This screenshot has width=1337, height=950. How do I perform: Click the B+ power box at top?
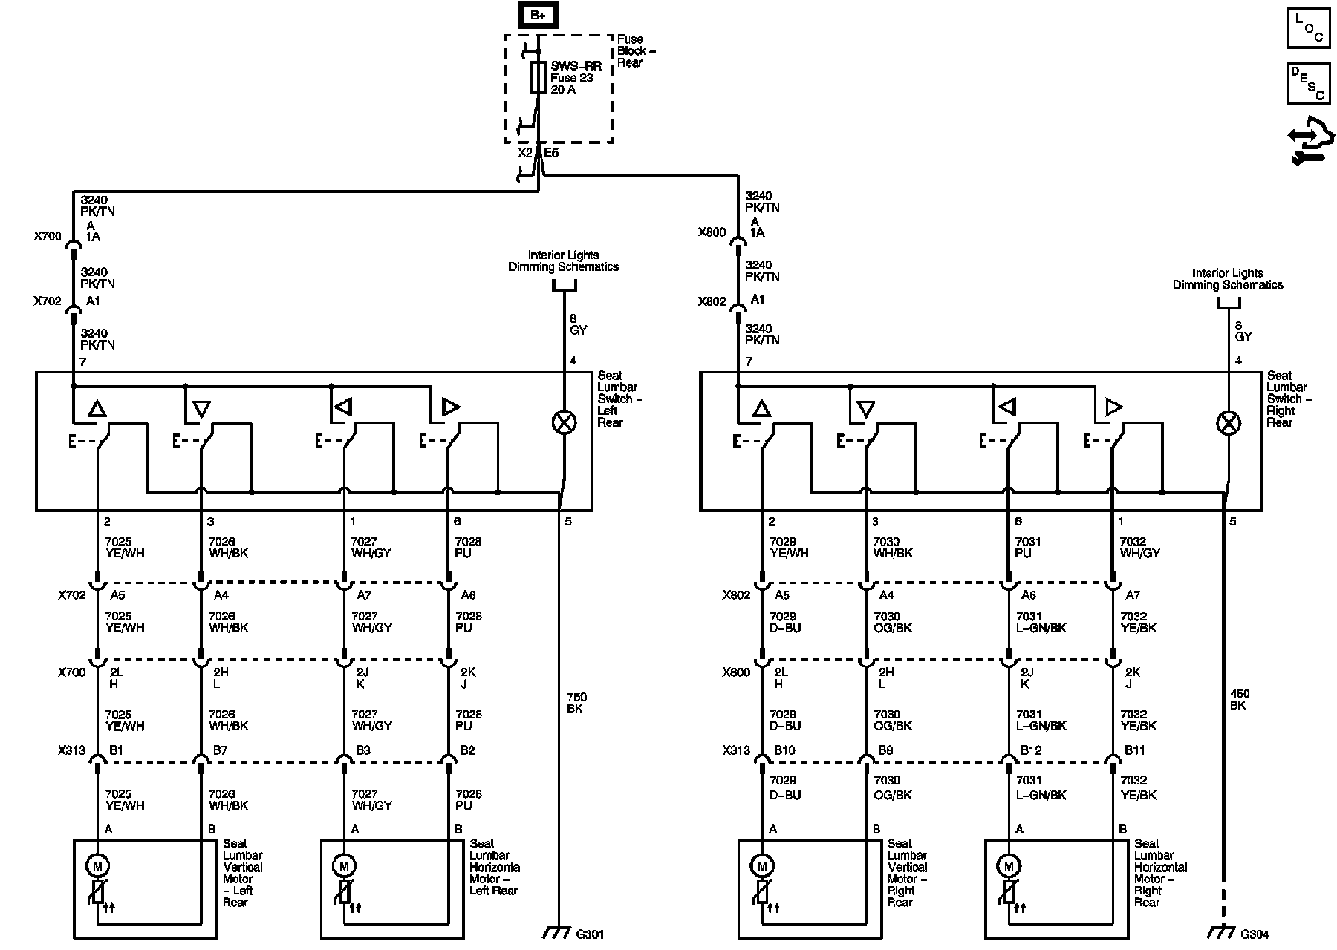pos(537,15)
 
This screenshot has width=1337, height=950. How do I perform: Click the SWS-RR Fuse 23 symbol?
pos(539,77)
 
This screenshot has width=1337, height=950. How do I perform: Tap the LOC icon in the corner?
pos(1309,28)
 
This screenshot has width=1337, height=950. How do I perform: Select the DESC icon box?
pos(1309,83)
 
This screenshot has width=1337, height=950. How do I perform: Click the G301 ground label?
pos(590,934)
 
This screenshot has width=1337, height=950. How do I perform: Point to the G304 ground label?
pos(1255,934)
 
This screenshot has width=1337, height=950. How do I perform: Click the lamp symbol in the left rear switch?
pos(565,422)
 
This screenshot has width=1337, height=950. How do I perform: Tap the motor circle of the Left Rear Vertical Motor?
pos(97,865)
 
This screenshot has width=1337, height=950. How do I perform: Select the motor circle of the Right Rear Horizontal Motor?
pos(1008,865)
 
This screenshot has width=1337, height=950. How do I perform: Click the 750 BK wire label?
pos(576,703)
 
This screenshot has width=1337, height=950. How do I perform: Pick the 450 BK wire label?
pos(1238,699)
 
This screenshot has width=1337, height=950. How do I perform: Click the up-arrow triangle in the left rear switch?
pos(97,409)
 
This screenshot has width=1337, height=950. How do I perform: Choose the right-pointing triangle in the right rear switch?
pos(1113,407)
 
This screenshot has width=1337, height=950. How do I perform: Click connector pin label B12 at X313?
pos(1030,750)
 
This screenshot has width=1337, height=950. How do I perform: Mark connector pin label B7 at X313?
pos(220,750)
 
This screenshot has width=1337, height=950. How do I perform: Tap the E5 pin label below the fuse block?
pos(551,153)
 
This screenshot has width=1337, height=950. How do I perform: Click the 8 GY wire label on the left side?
pos(578,324)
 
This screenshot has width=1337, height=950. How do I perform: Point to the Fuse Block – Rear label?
pos(636,50)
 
